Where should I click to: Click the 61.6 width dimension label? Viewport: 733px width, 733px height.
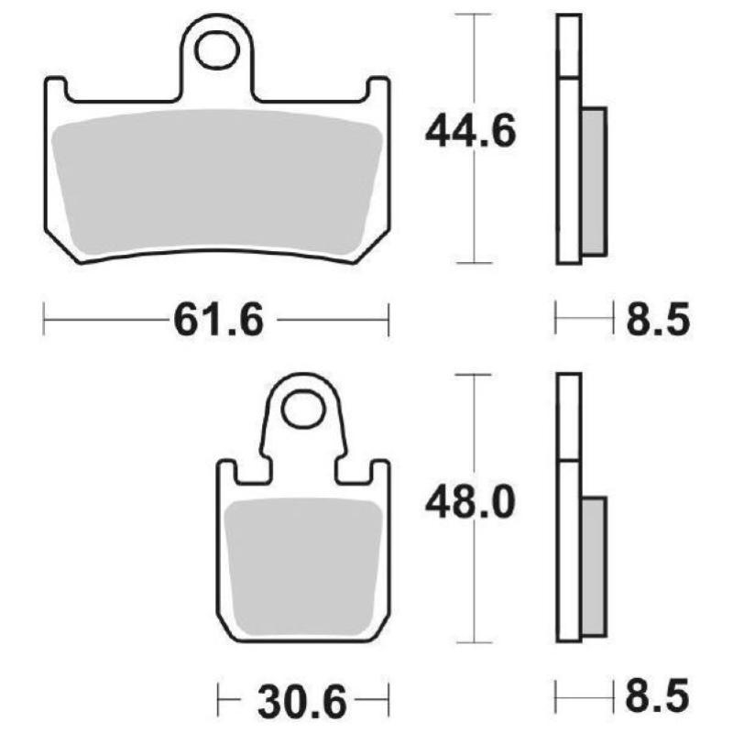click(x=217, y=322)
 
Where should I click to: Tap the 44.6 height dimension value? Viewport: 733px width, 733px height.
click(x=470, y=133)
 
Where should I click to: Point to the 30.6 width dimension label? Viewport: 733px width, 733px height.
click(x=301, y=703)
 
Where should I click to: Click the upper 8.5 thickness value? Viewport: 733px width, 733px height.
click(x=656, y=322)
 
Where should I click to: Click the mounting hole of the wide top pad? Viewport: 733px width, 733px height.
click(x=214, y=50)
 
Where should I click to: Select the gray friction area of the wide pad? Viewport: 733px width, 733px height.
click(x=217, y=183)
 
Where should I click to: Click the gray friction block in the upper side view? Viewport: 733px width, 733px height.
click(x=594, y=181)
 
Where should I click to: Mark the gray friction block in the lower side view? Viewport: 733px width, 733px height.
click(x=594, y=565)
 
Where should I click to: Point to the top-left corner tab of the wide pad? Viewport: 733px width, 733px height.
click(x=55, y=90)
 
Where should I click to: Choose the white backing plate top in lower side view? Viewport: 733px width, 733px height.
click(x=568, y=417)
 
